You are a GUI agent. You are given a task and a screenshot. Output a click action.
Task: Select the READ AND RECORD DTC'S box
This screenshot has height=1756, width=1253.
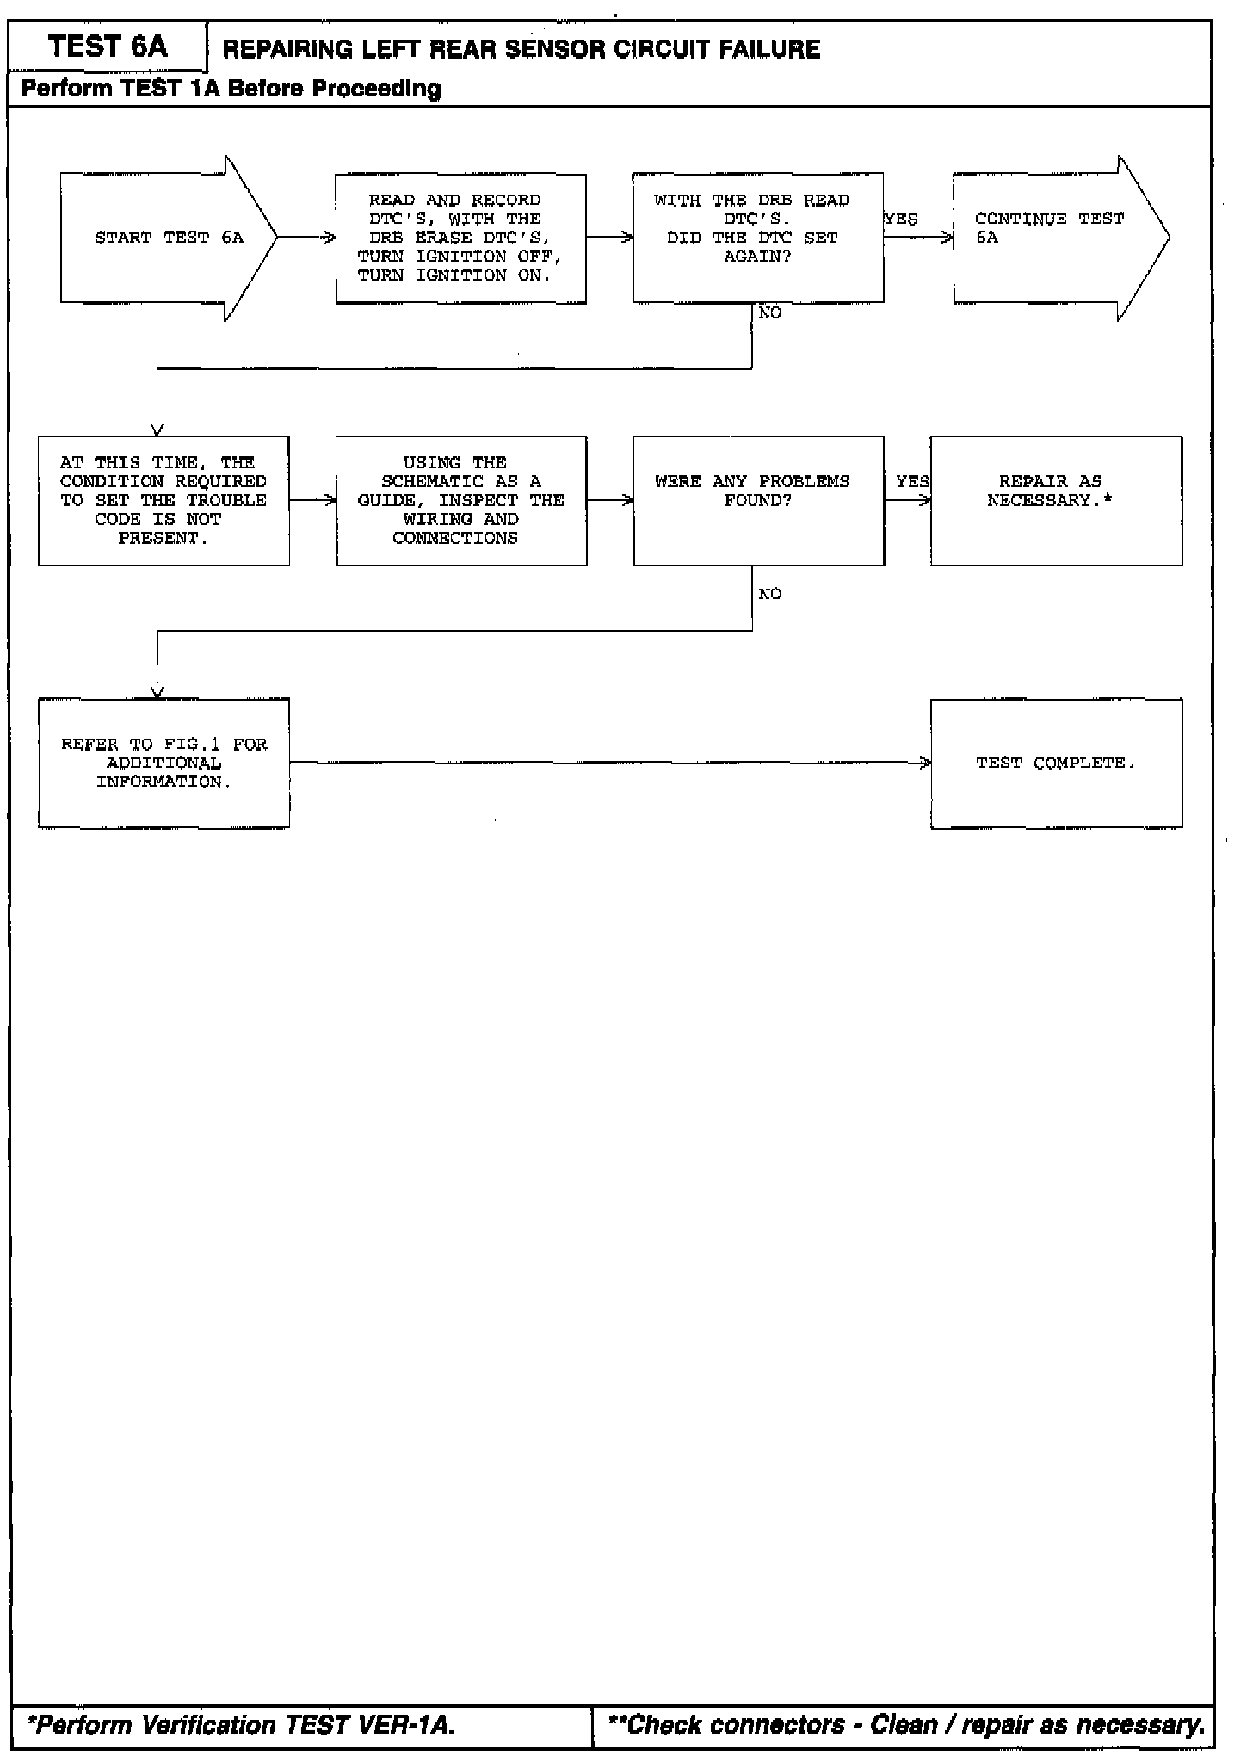coord(460,238)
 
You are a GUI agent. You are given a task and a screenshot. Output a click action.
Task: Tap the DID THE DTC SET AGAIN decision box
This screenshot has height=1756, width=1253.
coord(757,238)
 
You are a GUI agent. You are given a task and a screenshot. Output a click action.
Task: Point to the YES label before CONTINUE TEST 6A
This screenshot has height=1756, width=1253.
coord(901,219)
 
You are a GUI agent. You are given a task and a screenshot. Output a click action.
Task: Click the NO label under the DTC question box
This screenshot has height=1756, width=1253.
coord(770,313)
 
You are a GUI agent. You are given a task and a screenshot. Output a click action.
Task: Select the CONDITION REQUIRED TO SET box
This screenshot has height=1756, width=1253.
coord(164,500)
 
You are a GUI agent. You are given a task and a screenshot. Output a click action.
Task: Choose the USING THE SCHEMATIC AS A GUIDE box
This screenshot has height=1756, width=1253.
coord(460,500)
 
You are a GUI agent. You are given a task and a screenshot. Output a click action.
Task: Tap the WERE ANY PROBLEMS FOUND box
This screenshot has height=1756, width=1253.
coord(757,500)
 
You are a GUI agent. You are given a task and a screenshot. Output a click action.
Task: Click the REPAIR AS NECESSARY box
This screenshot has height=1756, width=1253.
coord(1056,500)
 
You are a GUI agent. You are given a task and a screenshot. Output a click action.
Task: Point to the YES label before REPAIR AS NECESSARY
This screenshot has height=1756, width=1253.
coord(912,481)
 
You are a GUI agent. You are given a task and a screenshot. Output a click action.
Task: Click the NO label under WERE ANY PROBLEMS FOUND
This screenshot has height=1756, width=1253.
coord(770,594)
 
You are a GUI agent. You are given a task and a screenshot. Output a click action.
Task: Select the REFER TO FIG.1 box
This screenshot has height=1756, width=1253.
coord(164,763)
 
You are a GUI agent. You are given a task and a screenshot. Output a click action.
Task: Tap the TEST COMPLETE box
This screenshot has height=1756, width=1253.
coord(1056,763)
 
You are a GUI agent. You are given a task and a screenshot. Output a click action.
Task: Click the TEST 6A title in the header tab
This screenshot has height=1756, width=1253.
coord(108,46)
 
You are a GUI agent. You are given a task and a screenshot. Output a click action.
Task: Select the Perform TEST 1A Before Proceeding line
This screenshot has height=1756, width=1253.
coord(231,89)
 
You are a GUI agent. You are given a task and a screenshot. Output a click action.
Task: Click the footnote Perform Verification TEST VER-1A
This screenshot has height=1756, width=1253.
coord(241,1725)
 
